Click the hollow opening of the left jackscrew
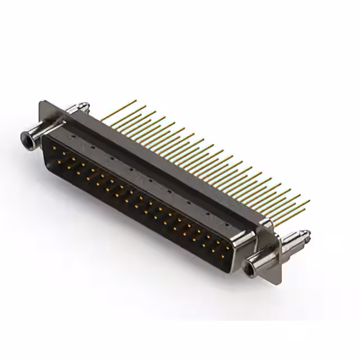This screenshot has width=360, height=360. (x=24, y=137)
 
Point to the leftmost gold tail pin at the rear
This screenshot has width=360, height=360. (x=135, y=101)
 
